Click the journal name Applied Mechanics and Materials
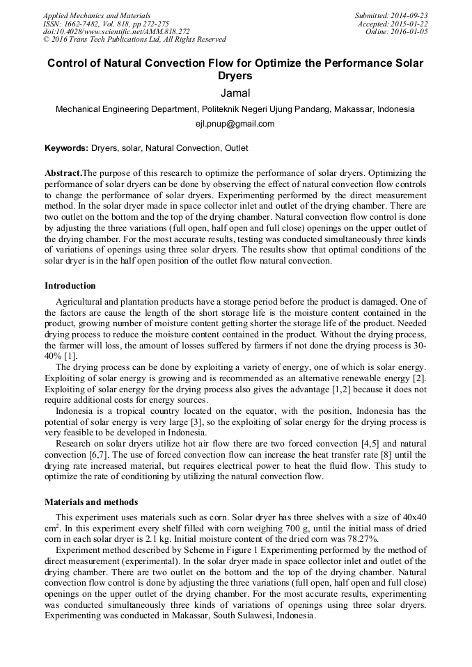pyautogui.click(x=96, y=15)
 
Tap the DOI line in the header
pyautogui.click(x=116, y=32)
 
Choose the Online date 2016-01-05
pyautogui.click(x=409, y=32)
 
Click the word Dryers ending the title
pyautogui.click(x=235, y=76)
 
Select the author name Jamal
pyautogui.click(x=235, y=93)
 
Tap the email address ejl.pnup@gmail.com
pyautogui.click(x=235, y=124)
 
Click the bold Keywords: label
pyautogui.click(x=67, y=148)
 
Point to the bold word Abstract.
pyautogui.click(x=63, y=172)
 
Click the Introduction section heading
pyautogui.click(x=70, y=286)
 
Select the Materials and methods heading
pyautogui.click(x=91, y=501)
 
